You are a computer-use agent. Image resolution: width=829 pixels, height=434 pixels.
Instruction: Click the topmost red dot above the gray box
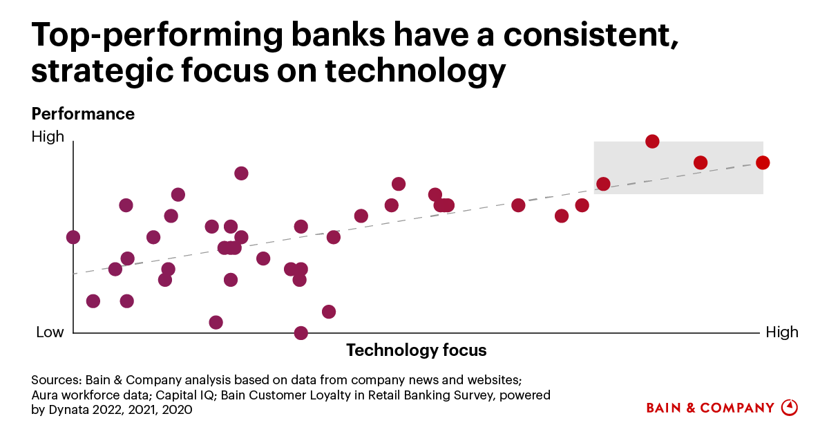click(x=652, y=142)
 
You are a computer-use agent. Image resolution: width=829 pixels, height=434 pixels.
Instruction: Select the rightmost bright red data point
click(x=763, y=162)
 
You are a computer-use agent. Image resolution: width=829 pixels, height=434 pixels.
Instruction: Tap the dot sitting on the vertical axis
click(x=73, y=237)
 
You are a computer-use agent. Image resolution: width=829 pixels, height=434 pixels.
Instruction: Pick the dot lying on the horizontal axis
click(x=301, y=333)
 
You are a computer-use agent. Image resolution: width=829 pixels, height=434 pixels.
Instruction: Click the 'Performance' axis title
click(x=83, y=114)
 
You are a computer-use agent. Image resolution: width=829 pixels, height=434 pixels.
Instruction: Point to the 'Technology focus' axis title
click(x=417, y=350)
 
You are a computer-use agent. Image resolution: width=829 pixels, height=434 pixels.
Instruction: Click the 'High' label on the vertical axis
click(x=48, y=137)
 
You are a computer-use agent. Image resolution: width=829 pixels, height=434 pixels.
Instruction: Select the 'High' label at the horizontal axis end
click(x=782, y=332)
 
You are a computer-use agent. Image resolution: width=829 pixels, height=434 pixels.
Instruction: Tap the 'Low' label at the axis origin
click(x=50, y=332)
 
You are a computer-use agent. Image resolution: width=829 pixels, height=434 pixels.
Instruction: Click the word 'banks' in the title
click(x=339, y=35)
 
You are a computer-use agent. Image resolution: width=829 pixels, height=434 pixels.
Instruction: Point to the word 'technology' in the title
click(x=415, y=70)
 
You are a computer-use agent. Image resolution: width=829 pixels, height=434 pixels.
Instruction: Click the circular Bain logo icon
click(x=790, y=408)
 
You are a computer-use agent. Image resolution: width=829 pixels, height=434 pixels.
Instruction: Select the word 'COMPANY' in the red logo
click(x=737, y=408)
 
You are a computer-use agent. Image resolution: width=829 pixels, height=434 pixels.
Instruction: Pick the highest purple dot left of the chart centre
click(x=241, y=173)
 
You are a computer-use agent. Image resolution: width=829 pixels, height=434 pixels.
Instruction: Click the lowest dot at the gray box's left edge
click(x=603, y=184)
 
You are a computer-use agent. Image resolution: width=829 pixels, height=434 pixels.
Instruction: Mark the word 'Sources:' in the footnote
click(x=56, y=380)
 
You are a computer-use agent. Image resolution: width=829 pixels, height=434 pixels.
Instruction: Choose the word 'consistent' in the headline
click(x=591, y=35)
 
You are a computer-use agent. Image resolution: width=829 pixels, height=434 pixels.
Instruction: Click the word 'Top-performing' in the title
click(x=158, y=35)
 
